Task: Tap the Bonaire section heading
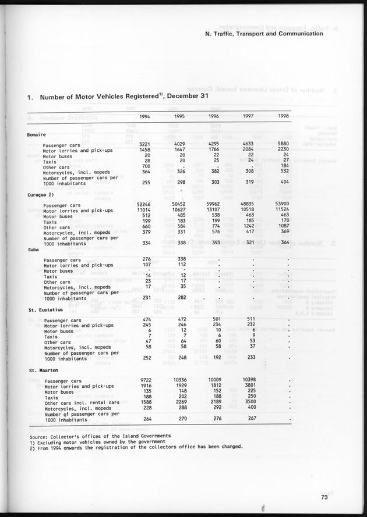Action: pyautogui.click(x=37, y=134)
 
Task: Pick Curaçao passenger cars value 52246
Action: pyautogui.click(x=143, y=204)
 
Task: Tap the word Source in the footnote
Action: pyautogui.click(x=40, y=435)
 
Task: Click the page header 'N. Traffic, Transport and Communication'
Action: pyautogui.click(x=264, y=34)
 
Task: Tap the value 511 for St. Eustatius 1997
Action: pyautogui.click(x=249, y=319)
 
